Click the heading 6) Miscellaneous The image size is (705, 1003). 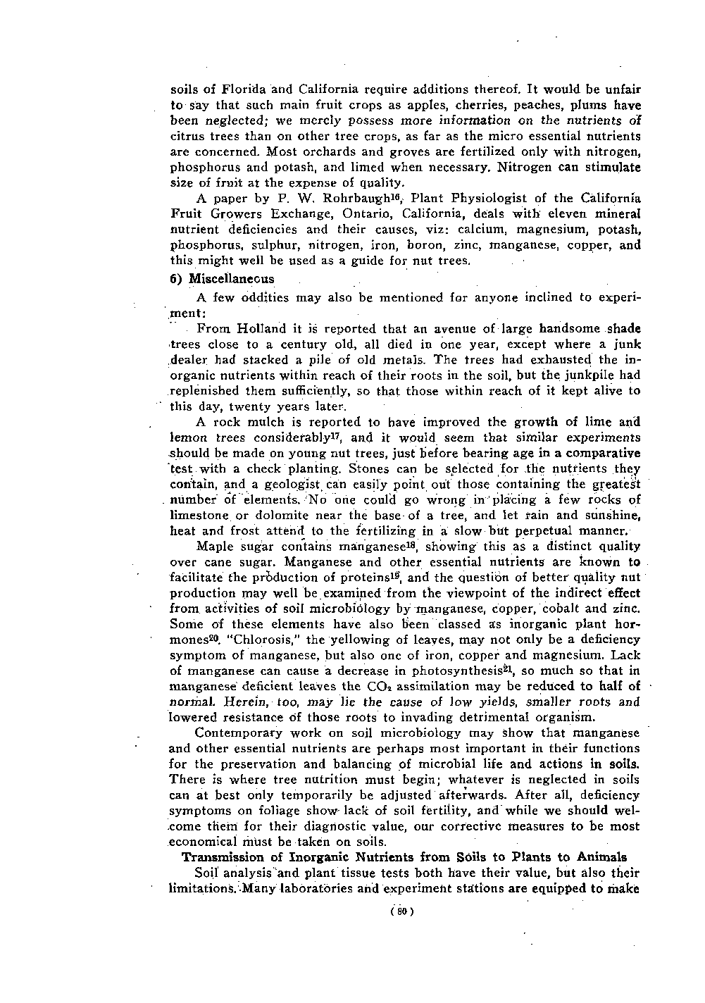pos(223,278)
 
